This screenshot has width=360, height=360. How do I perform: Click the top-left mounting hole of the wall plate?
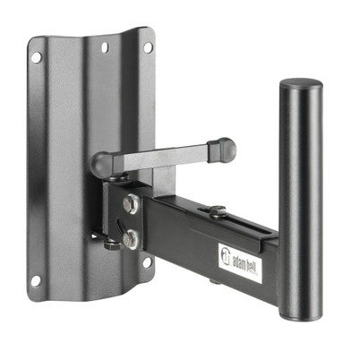[37, 57]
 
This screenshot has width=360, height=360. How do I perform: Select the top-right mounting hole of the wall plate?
[148, 45]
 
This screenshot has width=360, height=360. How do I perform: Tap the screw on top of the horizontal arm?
[217, 211]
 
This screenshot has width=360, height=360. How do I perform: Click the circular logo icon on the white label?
[226, 255]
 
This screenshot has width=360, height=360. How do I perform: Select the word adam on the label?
[238, 261]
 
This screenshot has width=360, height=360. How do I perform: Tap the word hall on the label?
[253, 270]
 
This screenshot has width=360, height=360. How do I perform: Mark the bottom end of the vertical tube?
[301, 315]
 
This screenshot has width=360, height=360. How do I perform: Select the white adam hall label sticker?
[240, 262]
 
